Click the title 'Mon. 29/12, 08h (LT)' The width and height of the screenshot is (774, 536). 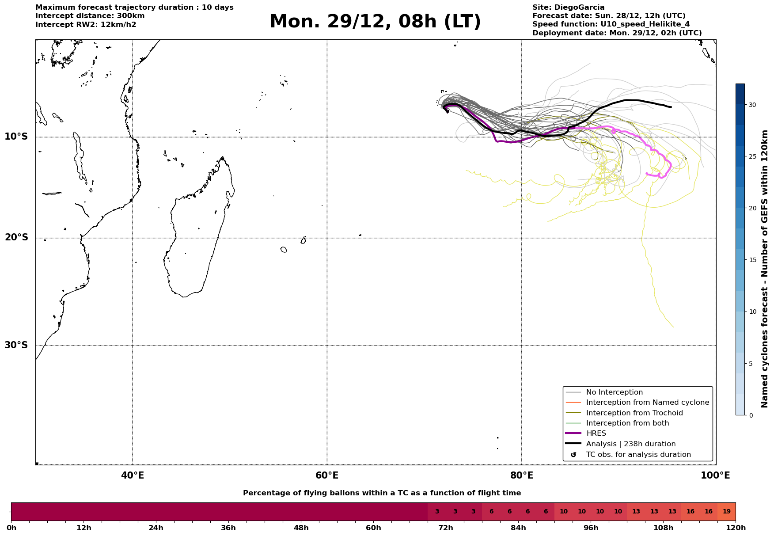coord(375,22)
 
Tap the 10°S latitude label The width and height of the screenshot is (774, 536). coord(16,137)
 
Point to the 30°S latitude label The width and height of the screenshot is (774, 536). coord(16,345)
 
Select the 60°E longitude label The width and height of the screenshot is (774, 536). coord(327,475)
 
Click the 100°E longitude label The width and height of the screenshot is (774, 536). coord(715,475)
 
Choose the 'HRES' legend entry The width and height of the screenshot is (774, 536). coord(596,433)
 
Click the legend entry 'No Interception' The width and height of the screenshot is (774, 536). coord(614,392)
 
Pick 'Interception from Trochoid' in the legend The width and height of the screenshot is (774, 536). coord(634,413)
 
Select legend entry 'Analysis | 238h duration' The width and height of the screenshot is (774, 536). coord(630,444)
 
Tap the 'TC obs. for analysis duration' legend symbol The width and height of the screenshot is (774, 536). coord(573,455)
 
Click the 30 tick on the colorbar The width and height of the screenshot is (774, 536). coord(752,105)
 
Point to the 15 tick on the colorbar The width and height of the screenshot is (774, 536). coord(752,260)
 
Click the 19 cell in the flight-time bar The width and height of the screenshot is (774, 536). coord(726,512)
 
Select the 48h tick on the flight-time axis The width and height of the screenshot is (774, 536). coord(301,528)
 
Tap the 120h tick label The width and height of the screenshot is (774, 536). coord(736,528)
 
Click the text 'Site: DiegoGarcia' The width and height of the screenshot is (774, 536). coord(568,8)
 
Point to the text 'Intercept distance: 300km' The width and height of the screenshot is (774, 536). coord(90,16)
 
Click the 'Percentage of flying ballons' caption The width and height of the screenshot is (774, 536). coord(382,493)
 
